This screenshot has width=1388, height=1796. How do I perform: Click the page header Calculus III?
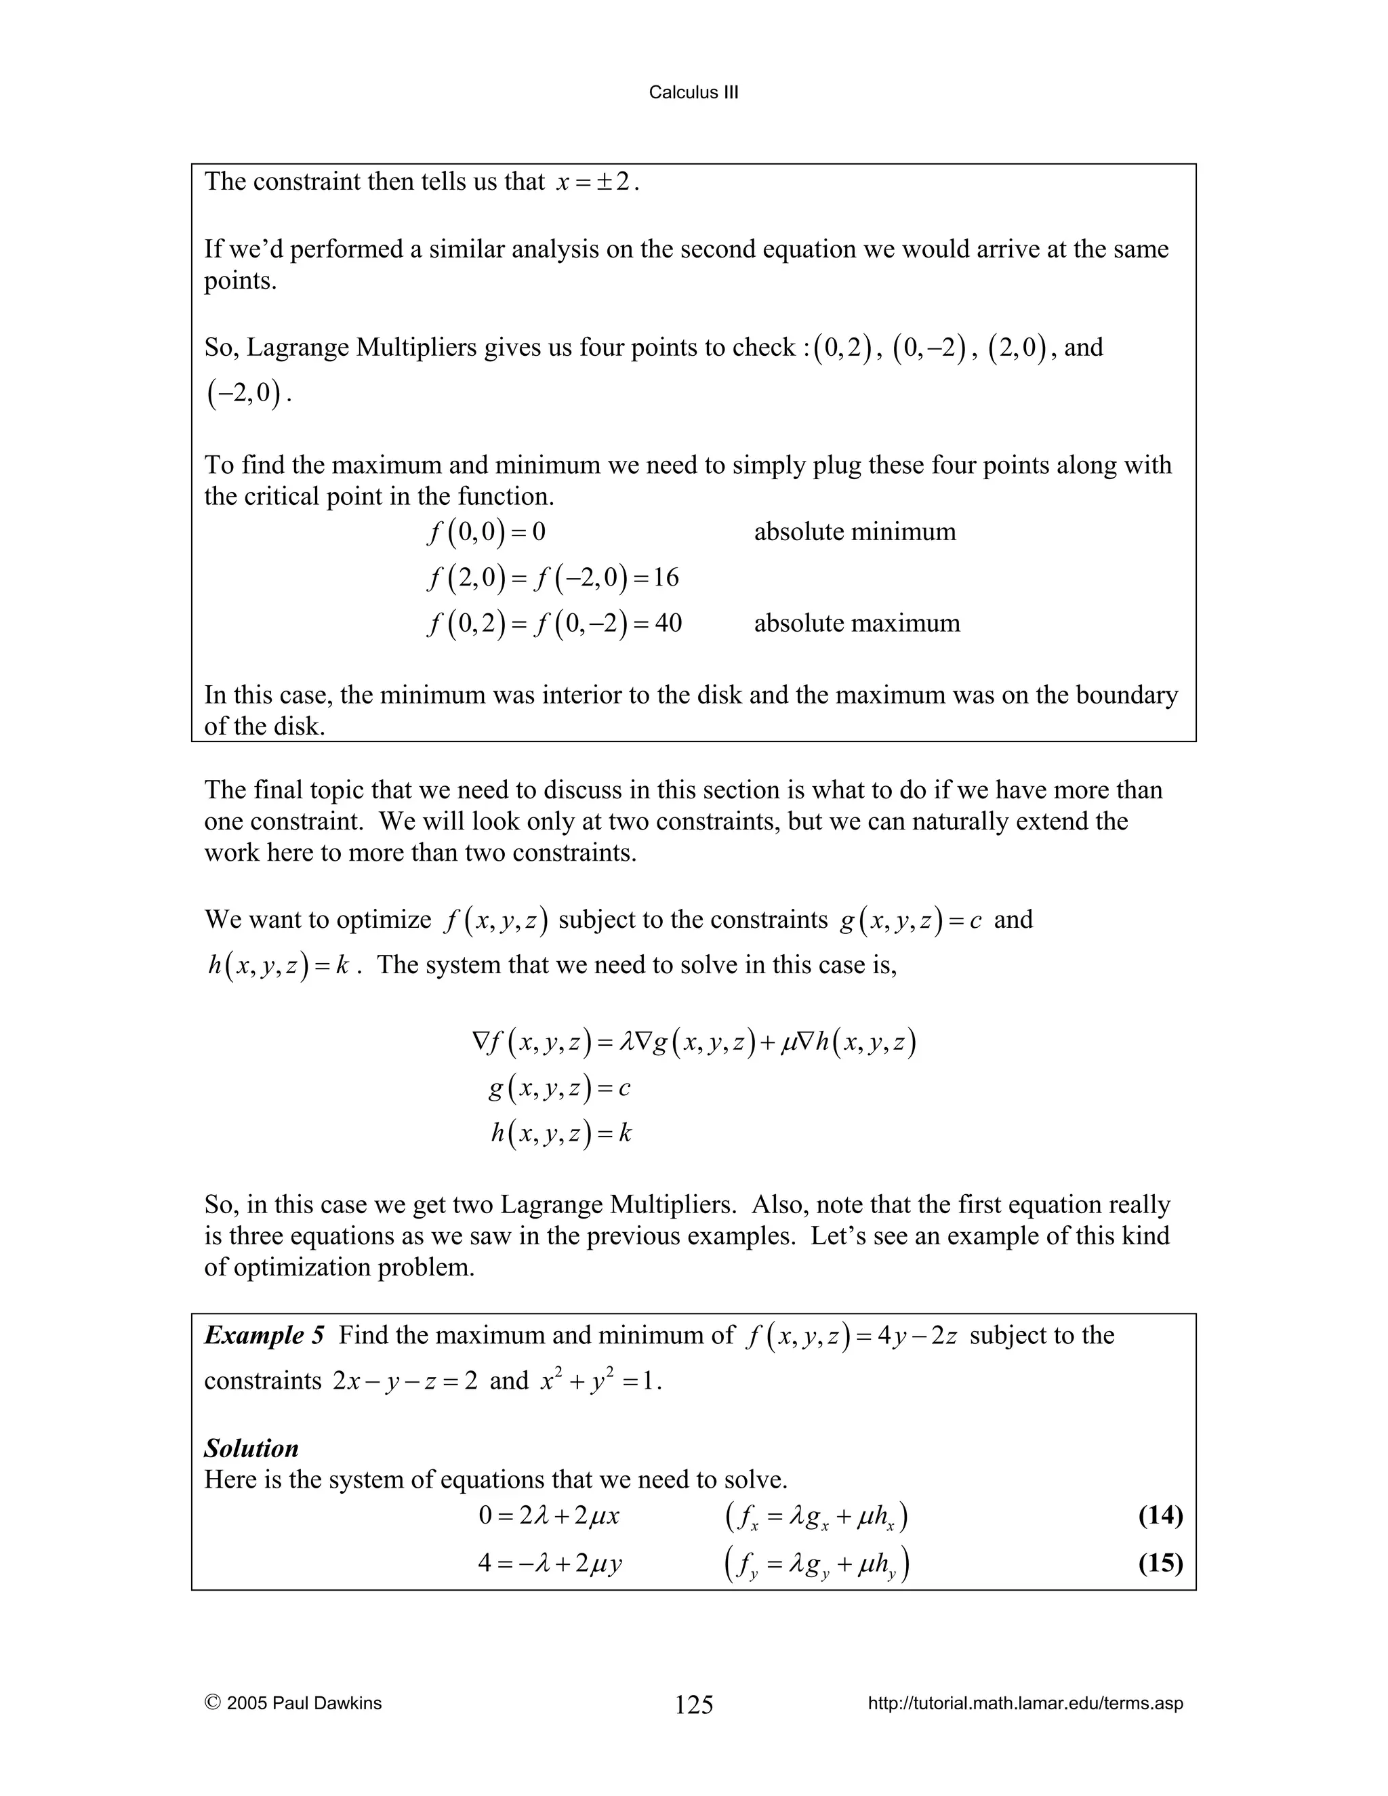coord(693,93)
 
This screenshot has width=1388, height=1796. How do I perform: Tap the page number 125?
coord(693,1705)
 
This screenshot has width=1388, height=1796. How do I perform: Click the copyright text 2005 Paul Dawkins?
coord(293,1703)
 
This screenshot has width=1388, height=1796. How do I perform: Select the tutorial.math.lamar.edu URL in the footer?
coord(1025,1703)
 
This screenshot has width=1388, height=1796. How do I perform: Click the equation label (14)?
coord(1160,1515)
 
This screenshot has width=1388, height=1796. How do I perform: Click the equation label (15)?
coord(1160,1562)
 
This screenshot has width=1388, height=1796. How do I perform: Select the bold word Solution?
coord(251,1448)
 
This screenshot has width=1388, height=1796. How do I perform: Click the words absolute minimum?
coord(855,532)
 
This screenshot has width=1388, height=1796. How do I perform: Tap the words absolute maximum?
coord(856,623)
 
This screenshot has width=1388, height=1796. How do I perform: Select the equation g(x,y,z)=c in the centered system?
coord(559,1089)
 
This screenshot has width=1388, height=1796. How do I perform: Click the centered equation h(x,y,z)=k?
coord(560,1134)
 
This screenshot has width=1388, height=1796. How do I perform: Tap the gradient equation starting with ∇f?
coord(693,1043)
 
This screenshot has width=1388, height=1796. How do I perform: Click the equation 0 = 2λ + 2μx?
coord(548,1515)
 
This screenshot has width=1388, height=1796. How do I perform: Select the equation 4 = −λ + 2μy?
coord(549,1562)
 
